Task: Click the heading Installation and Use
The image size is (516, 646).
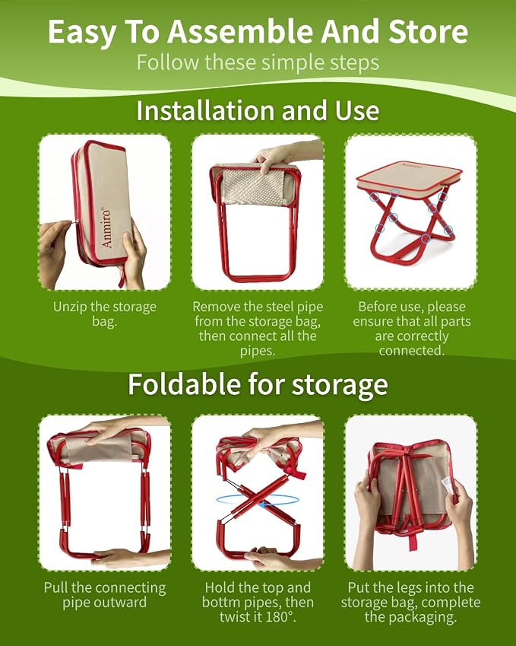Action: click(258, 111)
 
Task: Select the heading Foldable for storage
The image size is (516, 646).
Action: click(258, 384)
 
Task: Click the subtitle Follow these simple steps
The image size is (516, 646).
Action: click(258, 62)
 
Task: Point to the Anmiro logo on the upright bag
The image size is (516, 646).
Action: click(106, 228)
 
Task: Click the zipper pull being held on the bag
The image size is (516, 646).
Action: click(77, 221)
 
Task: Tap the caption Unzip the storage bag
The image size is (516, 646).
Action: click(105, 314)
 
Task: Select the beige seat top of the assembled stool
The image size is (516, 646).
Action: click(410, 173)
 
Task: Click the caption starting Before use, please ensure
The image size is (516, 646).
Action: click(411, 329)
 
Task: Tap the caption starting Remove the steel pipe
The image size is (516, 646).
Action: click(258, 329)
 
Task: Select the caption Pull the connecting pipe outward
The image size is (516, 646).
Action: click(105, 595)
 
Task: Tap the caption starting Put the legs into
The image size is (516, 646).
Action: click(410, 603)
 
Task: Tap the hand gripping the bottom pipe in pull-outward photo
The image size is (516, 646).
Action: click(123, 558)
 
